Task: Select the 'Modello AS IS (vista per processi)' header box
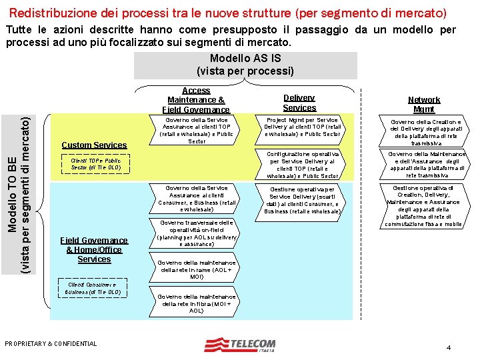tap(245, 65)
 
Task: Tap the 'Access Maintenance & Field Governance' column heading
tap(196, 100)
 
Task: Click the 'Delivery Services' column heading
tap(299, 103)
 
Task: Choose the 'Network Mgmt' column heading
tap(423, 104)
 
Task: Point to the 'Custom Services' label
tap(94, 145)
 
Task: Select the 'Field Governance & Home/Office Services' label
tap(94, 250)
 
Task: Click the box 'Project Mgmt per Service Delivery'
tap(303, 127)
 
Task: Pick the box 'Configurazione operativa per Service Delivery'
tap(303, 165)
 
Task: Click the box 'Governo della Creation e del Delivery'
tap(425, 132)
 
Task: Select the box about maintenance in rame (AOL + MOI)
tap(197, 269)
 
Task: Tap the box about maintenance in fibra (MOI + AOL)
tap(197, 303)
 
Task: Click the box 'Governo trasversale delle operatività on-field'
tap(197, 233)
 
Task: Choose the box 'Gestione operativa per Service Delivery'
tap(303, 200)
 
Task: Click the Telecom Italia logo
tap(239, 345)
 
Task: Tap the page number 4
tap(449, 347)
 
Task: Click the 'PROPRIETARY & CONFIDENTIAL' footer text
tap(51, 344)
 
